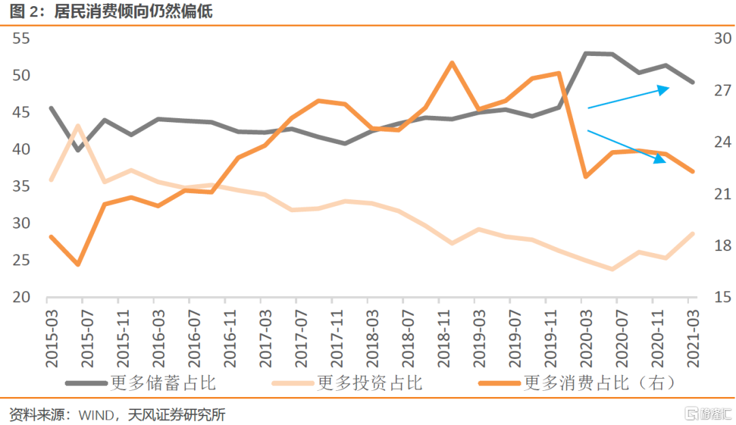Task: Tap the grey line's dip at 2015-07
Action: click(78, 149)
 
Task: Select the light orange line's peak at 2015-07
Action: click(78, 126)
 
